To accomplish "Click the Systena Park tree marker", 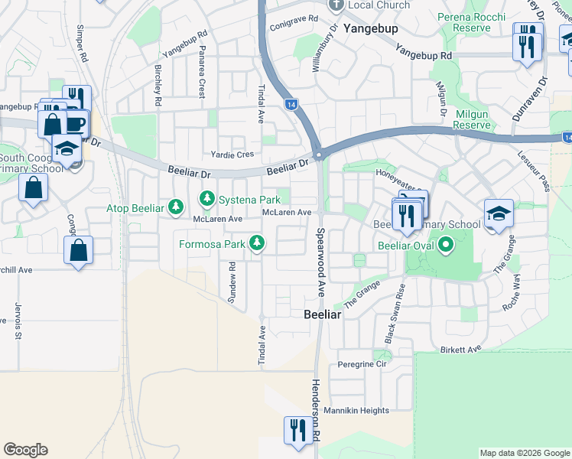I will point(206,200).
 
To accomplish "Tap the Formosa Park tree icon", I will point(258,244).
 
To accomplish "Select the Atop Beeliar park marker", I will point(176,207).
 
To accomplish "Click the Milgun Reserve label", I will point(472,119).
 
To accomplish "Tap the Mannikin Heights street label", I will point(356,411).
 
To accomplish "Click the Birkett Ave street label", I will point(461,349).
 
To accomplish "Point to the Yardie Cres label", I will point(232,154).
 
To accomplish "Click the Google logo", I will point(25,450).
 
